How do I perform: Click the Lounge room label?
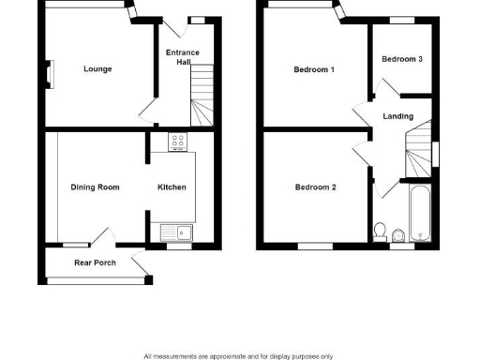click(x=97, y=68)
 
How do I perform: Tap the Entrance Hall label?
click(x=182, y=57)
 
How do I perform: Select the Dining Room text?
click(x=96, y=187)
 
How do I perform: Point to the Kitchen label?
click(x=171, y=187)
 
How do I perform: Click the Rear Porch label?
click(x=95, y=262)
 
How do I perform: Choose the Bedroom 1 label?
click(x=314, y=69)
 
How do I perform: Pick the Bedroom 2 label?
click(x=315, y=187)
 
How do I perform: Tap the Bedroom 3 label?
click(x=402, y=59)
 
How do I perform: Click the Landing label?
click(x=398, y=116)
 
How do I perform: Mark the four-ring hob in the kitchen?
click(x=177, y=142)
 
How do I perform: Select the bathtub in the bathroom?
click(x=419, y=211)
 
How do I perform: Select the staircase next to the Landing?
click(x=419, y=151)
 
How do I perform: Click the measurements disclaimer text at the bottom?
click(x=238, y=355)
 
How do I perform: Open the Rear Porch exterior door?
click(x=142, y=268)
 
